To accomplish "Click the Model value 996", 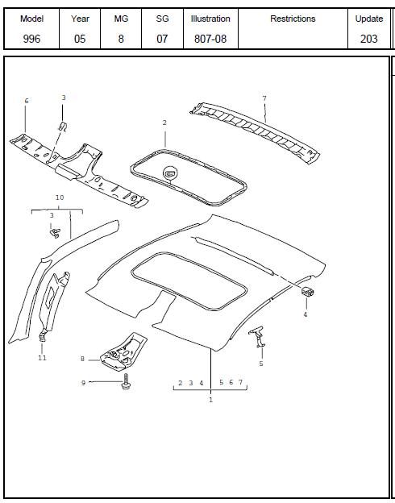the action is coord(31,39).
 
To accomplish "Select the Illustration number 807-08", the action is coord(210,39).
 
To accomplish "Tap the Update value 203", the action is coord(368,39).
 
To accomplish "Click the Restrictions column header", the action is coord(293,19).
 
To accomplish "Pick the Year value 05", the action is coord(80,39).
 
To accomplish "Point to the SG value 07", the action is coord(162,39).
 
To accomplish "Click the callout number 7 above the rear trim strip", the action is coord(264,98).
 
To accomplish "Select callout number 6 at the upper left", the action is coord(27,101).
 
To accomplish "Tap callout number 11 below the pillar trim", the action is coord(42,358).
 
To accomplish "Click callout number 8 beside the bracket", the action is coord(82,359).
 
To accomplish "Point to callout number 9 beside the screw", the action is coord(83,383).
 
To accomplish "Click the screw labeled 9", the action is coord(126,381).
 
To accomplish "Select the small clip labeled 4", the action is coord(307,291).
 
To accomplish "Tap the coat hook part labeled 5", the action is coord(257,336).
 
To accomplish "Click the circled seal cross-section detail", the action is coord(170,173).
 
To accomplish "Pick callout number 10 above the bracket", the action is coord(60,197).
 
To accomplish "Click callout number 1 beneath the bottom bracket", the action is coord(211,400).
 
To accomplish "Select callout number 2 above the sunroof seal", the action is coord(164,123).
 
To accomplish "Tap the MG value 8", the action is coord(121,39).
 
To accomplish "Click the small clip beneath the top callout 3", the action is coord(63,127).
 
